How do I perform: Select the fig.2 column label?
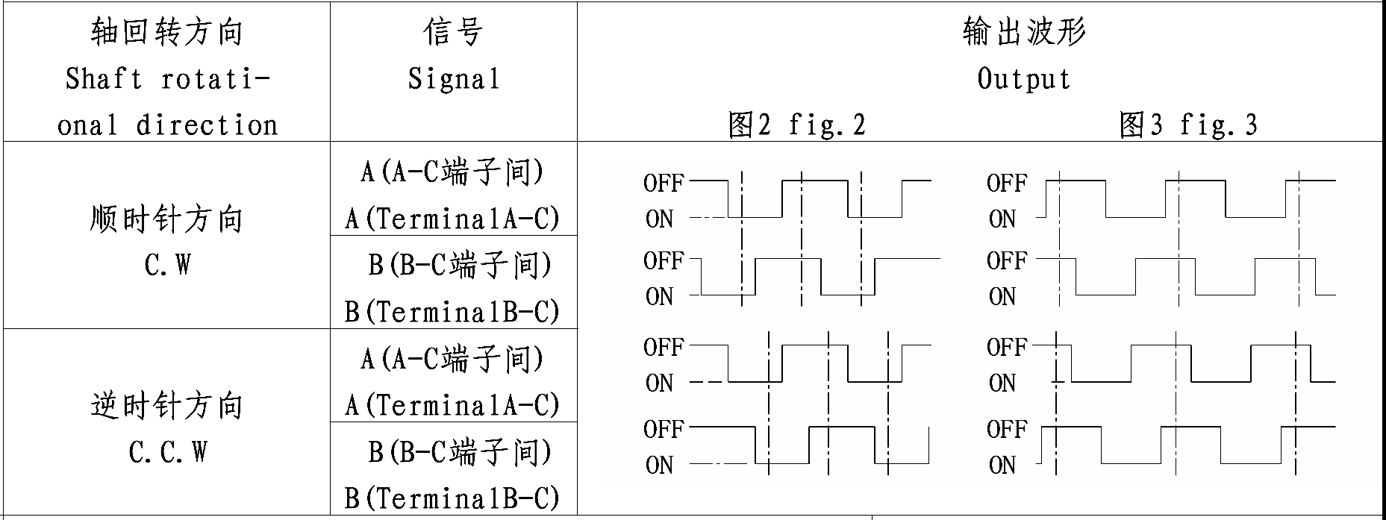[x=796, y=125]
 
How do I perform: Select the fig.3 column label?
[x=1187, y=125]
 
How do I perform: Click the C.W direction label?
[x=167, y=265]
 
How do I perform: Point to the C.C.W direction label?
[x=167, y=451]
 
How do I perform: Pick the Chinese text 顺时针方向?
[x=167, y=219]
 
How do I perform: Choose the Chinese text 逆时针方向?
[x=167, y=406]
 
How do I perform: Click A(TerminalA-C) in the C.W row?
[x=452, y=219]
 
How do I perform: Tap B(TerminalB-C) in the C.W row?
[x=452, y=311]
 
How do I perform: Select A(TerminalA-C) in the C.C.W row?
[x=452, y=405]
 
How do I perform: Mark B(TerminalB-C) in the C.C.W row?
[x=452, y=498]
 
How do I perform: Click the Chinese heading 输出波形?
[x=1023, y=32]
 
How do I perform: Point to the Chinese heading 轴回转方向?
[x=167, y=32]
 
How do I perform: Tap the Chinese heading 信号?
[x=453, y=32]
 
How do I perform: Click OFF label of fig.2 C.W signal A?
[x=663, y=183]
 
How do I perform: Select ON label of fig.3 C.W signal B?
[x=1002, y=297]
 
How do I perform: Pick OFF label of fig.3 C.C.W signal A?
[x=1006, y=347]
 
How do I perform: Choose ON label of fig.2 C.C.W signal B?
[x=659, y=466]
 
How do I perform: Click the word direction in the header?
[x=207, y=125]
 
